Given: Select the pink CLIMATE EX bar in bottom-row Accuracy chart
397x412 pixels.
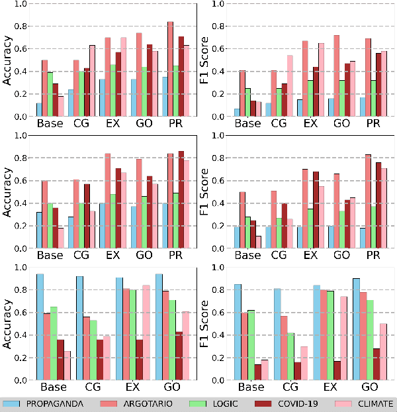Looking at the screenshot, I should click(145, 333).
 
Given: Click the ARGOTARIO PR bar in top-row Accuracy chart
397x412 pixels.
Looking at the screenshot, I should click(171, 69).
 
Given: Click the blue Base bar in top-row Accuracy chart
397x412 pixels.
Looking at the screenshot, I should click(40, 110).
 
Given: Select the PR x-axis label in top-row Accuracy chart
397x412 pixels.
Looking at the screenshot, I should click(176, 124).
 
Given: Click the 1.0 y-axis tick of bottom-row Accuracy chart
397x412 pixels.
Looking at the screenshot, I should click(21, 268).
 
